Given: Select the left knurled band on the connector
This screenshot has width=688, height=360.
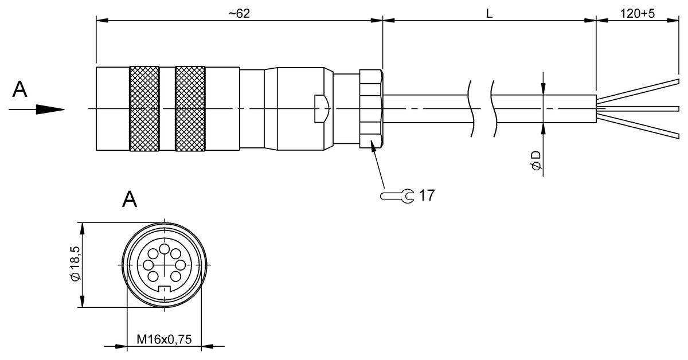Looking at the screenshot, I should (144, 109).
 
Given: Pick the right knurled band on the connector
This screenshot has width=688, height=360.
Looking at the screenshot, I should (190, 109).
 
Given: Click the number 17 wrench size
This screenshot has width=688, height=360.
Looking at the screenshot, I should (426, 195).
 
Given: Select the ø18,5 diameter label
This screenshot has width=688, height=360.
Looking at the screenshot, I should (73, 265).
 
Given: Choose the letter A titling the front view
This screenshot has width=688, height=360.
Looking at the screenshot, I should (130, 199).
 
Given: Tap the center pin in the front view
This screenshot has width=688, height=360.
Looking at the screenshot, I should (164, 265).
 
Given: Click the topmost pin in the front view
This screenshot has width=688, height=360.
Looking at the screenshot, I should (164, 248).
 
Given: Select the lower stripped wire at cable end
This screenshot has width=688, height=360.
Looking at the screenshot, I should (642, 126).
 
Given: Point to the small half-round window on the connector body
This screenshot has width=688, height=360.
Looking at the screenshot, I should (321, 109).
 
